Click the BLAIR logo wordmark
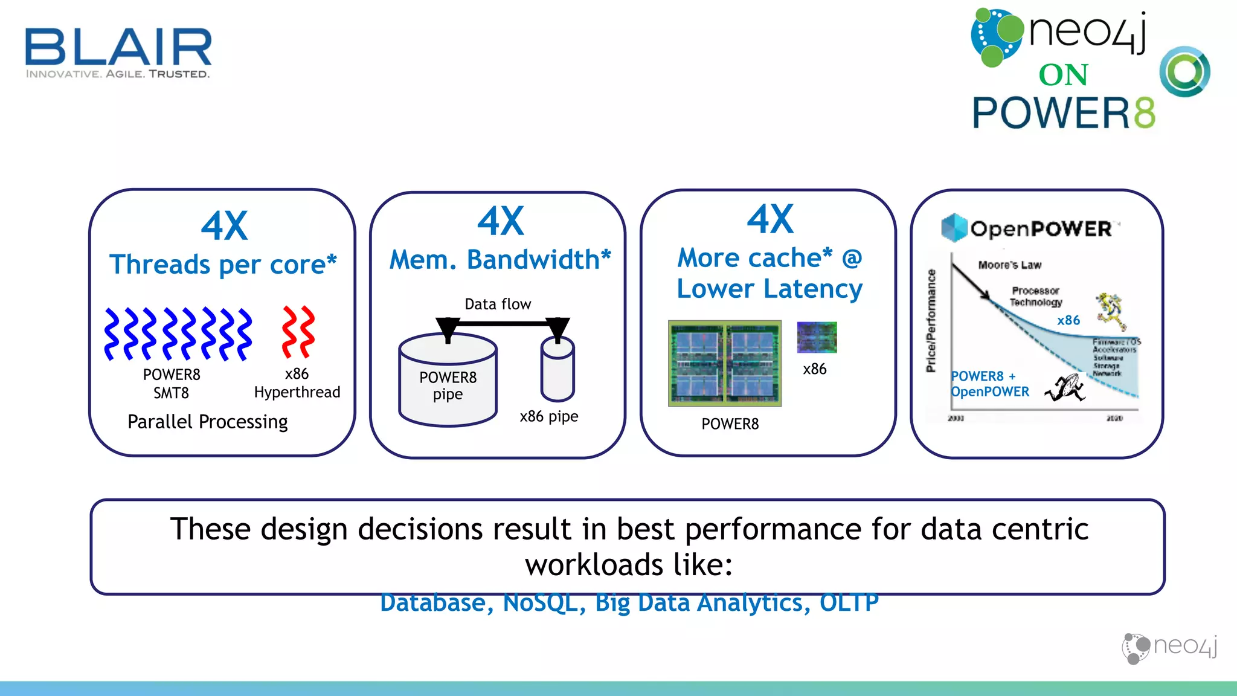(x=118, y=47)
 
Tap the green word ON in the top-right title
(x=1063, y=76)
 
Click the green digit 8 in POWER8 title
(x=1144, y=113)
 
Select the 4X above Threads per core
(x=224, y=226)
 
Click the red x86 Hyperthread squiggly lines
(x=298, y=332)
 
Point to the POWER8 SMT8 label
(x=172, y=384)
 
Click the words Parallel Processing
(x=207, y=422)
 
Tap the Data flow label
(x=498, y=304)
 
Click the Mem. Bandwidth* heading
(x=500, y=260)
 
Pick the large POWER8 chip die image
(x=724, y=363)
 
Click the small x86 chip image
(x=817, y=337)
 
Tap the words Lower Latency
(x=770, y=289)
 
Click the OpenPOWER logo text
(x=1040, y=229)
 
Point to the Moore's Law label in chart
(x=1009, y=265)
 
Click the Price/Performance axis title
(x=931, y=320)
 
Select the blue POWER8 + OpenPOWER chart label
(x=989, y=384)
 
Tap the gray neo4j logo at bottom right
(x=1169, y=648)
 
